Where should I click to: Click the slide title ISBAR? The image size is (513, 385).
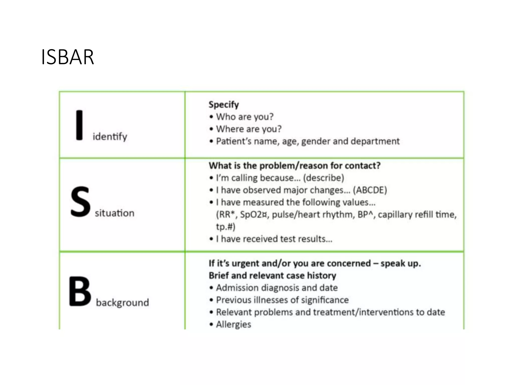(67, 57)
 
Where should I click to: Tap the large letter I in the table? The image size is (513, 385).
(79, 125)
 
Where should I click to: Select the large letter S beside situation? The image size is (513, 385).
(80, 202)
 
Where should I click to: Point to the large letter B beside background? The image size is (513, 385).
(80, 292)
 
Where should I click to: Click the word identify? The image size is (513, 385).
(110, 137)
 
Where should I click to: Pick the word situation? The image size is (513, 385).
(114, 213)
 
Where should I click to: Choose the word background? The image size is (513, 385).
(122, 303)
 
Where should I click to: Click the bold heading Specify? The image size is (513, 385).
(224, 105)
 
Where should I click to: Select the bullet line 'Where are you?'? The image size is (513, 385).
(249, 129)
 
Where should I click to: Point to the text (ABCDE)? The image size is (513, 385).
(370, 190)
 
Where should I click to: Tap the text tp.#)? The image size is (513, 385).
(226, 227)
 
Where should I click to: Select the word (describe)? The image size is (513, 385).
(323, 178)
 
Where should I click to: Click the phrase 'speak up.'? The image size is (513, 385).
(401, 263)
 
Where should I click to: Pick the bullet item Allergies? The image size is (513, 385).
(233, 324)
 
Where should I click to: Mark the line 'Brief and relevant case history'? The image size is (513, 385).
(272, 276)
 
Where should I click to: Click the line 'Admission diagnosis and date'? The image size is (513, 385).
(277, 288)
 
